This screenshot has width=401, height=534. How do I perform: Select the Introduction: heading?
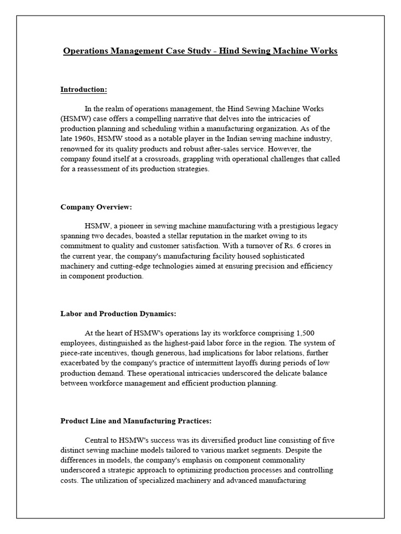(84, 90)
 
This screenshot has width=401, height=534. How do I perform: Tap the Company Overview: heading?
(96, 207)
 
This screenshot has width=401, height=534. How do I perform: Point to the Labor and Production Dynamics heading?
(118, 314)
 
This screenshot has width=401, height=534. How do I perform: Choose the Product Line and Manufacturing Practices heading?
(136, 421)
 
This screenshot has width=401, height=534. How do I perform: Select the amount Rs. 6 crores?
(299, 246)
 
